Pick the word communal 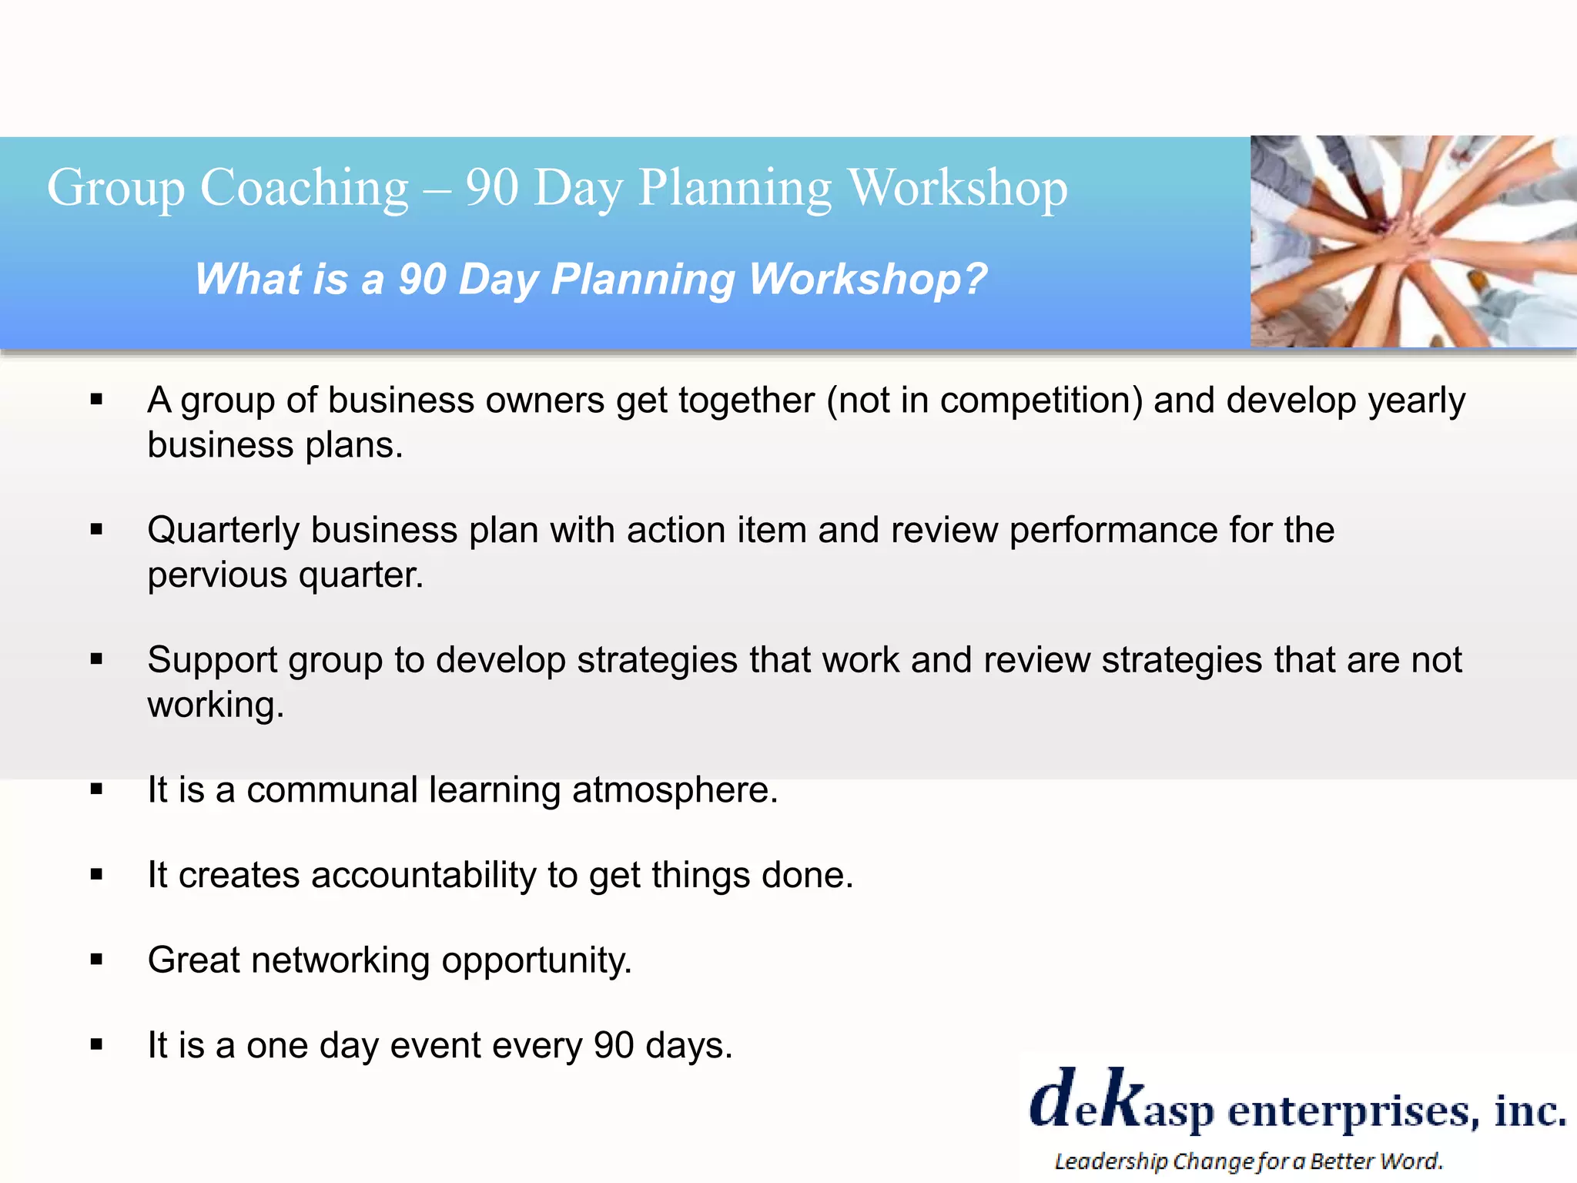tap(332, 790)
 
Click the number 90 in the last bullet tap(614, 1046)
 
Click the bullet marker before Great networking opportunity tap(96, 960)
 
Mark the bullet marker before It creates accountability tap(96, 874)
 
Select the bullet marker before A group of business tap(96, 399)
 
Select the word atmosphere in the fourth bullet tap(675, 790)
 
